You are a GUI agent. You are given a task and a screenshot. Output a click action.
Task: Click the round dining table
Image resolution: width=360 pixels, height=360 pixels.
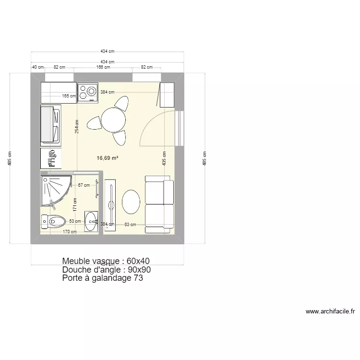pos(113,119)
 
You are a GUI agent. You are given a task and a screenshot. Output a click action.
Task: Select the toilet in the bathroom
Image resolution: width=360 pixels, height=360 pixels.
pos(54,221)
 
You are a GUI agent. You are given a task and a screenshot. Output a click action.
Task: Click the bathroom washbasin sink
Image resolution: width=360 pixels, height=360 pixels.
pos(91,221)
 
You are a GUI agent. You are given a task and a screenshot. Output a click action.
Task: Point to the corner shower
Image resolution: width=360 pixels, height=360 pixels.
pos(54,189)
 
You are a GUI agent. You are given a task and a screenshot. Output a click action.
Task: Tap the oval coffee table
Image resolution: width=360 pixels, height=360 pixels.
pos(131,202)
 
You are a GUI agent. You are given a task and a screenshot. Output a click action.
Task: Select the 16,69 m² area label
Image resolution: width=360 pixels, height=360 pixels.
pos(108,157)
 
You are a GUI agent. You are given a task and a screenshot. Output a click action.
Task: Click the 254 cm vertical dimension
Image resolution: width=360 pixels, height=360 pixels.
pos(76,126)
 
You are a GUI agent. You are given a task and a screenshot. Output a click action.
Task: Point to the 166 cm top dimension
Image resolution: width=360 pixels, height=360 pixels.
pos(103,68)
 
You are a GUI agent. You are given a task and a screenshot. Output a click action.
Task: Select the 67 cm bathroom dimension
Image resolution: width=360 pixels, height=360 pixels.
pos(84,185)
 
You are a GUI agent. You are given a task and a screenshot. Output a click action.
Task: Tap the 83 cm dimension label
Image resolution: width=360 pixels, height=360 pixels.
pos(130,224)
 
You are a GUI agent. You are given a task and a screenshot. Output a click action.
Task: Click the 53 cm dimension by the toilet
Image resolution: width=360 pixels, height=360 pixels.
pos(74,221)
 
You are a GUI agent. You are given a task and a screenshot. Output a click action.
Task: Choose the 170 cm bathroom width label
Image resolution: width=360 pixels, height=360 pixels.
pos(70,232)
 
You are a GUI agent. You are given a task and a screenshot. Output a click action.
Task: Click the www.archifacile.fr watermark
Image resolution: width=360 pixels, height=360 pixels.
pos(330,312)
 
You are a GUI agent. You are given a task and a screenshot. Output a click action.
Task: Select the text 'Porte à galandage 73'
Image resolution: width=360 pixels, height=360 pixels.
pos(102,278)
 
